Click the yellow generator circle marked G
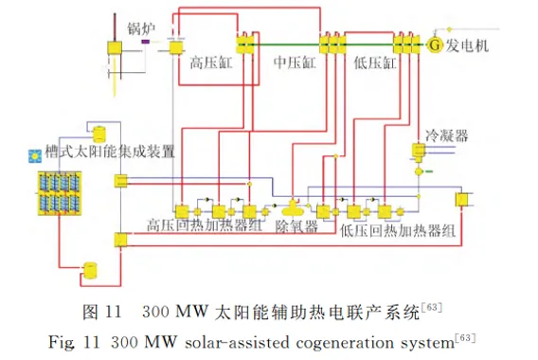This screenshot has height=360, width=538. pyautogui.click(x=435, y=45)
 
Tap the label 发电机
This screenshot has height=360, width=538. pyautogui.click(x=467, y=45)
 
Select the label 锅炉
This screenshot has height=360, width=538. pyautogui.click(x=141, y=28)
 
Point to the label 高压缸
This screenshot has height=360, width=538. pyautogui.click(x=210, y=63)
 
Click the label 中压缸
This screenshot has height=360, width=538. pyautogui.click(x=295, y=63)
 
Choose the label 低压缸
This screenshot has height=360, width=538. pyautogui.click(x=375, y=63)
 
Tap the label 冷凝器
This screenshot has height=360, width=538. pyautogui.click(x=447, y=135)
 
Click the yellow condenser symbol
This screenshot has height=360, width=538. pyautogui.click(x=419, y=152)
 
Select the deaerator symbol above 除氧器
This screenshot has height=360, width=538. pyautogui.click(x=293, y=208)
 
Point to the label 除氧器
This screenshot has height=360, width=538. pyautogui.click(x=296, y=226)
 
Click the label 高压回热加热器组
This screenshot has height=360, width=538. pyautogui.click(x=205, y=225)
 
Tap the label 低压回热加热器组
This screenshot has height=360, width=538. pyautogui.click(x=397, y=230)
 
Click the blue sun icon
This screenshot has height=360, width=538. pyautogui.click(x=35, y=156)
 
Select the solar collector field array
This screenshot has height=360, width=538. pyautogui.click(x=60, y=193)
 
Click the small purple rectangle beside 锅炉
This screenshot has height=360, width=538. pyautogui.click(x=146, y=42)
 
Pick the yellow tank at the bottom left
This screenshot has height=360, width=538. pyautogui.click(x=90, y=270)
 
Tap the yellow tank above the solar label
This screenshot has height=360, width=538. pyautogui.click(x=99, y=135)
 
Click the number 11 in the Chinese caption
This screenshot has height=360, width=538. pyautogui.click(x=113, y=312)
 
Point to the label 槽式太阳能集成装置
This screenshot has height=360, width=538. pyautogui.click(x=110, y=152)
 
